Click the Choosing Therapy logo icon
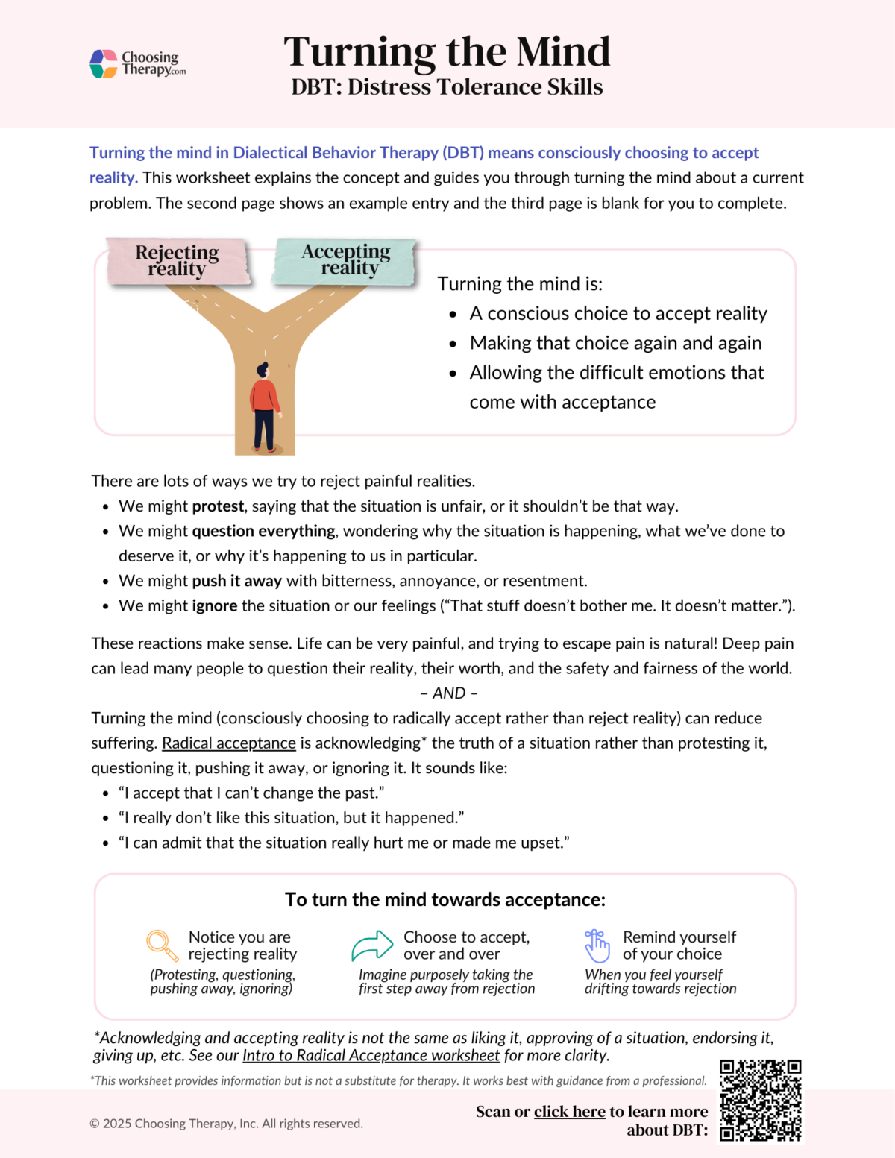coord(104,64)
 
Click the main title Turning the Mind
coord(447,51)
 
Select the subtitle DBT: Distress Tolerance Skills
coord(447,87)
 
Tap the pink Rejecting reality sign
coord(178,261)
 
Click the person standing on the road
coord(264,406)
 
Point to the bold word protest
coord(218,506)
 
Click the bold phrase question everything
coord(263,531)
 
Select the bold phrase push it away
coord(236,581)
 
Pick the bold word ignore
coord(215,605)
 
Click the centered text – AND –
coord(448,693)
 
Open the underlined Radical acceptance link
coord(229,743)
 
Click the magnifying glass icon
coord(162,945)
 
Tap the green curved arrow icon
coord(372,945)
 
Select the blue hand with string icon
coord(597,945)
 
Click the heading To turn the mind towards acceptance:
coord(445,899)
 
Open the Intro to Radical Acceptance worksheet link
coord(371,1055)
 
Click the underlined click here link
coord(569,1112)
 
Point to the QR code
coord(760,1101)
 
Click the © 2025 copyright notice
coord(226,1124)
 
